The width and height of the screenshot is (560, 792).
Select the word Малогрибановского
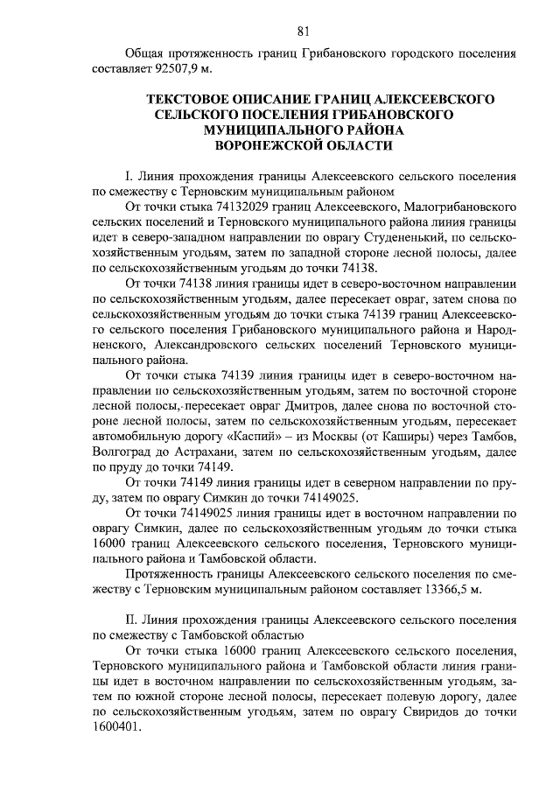461,207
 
